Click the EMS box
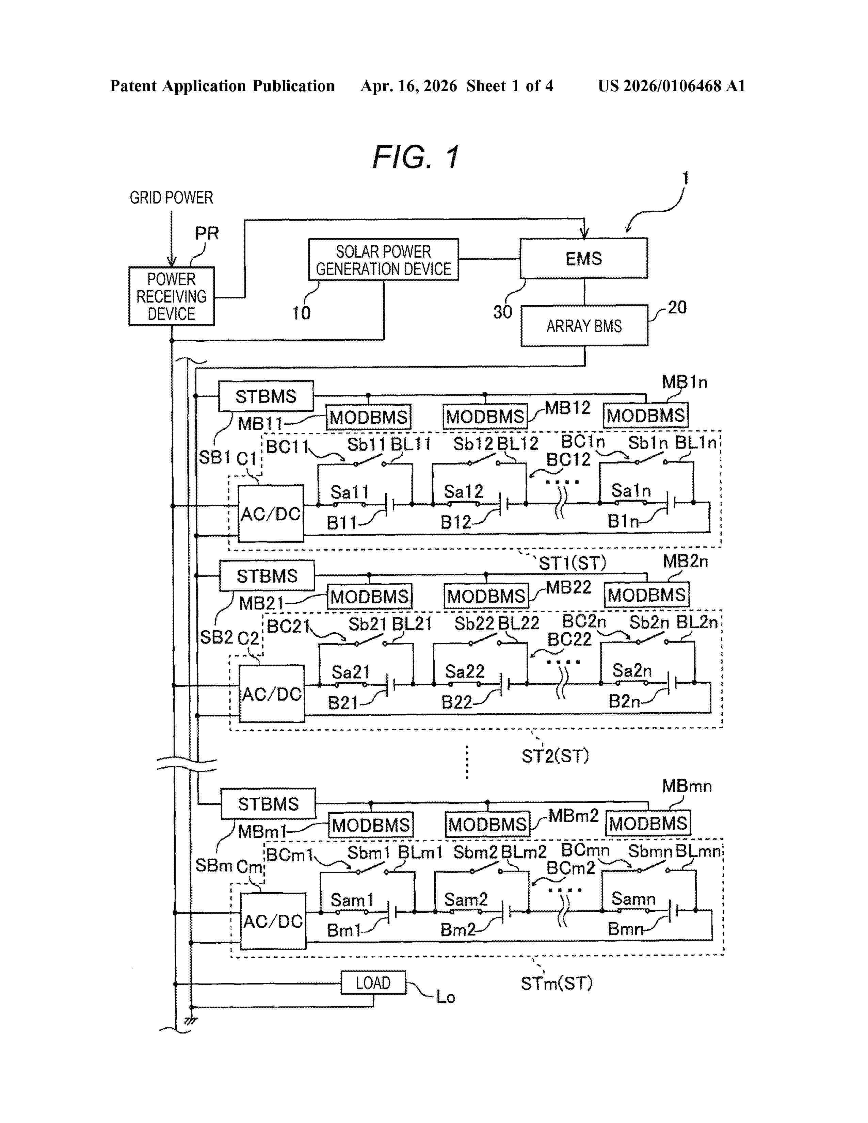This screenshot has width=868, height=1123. [584, 258]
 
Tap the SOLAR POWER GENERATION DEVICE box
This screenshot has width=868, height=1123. [383, 260]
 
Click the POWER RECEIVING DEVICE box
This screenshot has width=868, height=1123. [171, 296]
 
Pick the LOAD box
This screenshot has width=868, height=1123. [373, 983]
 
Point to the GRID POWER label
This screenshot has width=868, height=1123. [171, 197]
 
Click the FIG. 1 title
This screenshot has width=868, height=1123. [416, 157]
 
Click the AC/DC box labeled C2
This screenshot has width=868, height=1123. [272, 694]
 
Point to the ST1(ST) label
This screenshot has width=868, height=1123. [572, 563]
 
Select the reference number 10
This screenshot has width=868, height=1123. [301, 313]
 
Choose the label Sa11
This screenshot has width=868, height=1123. [350, 492]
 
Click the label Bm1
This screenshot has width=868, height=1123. [343, 930]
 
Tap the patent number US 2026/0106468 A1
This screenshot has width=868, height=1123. [671, 86]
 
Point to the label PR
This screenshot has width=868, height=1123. [207, 233]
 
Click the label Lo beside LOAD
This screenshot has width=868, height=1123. [445, 997]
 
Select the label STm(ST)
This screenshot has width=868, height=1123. [557, 984]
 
